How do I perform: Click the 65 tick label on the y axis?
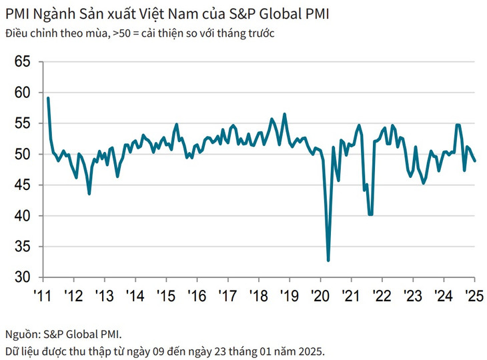(23, 61)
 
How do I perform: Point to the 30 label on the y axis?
(23, 277)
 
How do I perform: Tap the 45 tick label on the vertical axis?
(23, 185)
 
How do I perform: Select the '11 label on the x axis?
(43, 295)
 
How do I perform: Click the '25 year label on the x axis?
(474, 295)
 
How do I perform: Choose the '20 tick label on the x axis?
(320, 295)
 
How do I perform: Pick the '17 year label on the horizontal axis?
(228, 295)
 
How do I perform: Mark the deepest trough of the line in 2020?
(328, 261)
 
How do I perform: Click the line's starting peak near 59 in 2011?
(48, 99)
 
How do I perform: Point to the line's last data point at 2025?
(474, 161)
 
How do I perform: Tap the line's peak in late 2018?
(284, 114)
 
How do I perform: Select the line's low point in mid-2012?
(89, 193)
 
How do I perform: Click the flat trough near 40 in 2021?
(370, 214)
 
